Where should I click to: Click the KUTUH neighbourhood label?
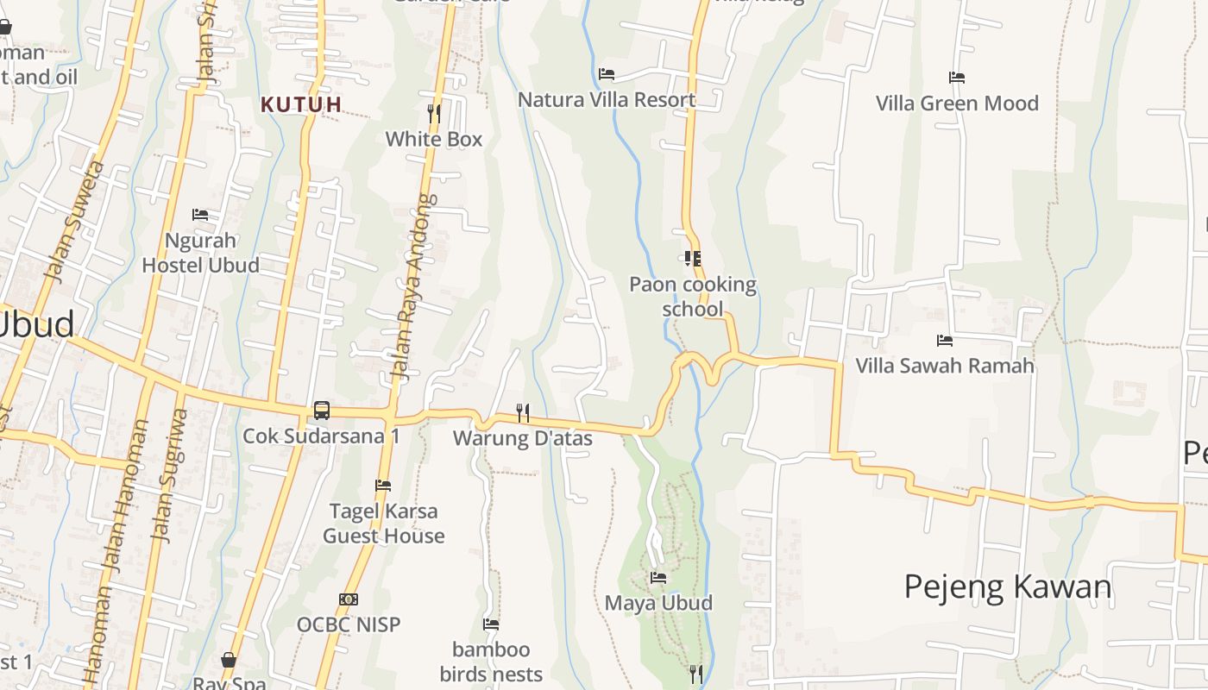301,104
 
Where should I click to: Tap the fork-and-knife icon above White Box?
434,112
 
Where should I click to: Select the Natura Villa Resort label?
606,99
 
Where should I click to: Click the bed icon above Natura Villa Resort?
607,74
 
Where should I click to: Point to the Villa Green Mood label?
957,103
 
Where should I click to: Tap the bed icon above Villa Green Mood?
957,78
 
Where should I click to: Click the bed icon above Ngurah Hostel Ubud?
200,214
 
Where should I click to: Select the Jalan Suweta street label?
74,222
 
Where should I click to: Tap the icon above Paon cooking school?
692,258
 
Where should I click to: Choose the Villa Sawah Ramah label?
944,366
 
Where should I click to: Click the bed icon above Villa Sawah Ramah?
945,341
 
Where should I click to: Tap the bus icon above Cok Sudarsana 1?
321,411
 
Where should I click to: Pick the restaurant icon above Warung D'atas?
523,412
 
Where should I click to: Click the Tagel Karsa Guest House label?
384,524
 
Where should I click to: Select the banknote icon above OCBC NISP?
349,599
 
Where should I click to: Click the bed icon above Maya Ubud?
658,577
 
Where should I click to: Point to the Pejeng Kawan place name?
1008,586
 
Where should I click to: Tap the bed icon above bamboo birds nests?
491,624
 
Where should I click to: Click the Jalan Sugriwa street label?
169,474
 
